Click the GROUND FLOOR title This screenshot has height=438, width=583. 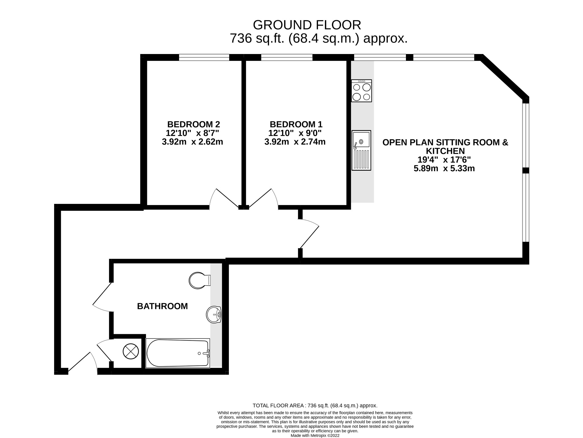[x=307, y=25]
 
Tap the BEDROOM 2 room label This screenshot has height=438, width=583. [x=194, y=124]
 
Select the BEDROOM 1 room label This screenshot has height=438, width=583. [x=296, y=124]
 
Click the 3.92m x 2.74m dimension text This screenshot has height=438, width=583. [x=295, y=142]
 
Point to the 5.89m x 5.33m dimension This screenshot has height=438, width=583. [x=444, y=168]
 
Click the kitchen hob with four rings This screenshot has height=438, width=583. [x=362, y=91]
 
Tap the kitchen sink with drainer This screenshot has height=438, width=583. [x=361, y=150]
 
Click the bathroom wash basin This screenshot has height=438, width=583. [x=214, y=315]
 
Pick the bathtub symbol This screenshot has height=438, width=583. [x=178, y=353]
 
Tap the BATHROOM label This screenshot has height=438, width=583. [x=162, y=306]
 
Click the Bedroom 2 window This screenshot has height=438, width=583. [x=204, y=57]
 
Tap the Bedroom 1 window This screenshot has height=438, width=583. [x=287, y=57]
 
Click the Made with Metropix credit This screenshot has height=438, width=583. [x=315, y=435]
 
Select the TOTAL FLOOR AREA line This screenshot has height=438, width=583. [x=315, y=406]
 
